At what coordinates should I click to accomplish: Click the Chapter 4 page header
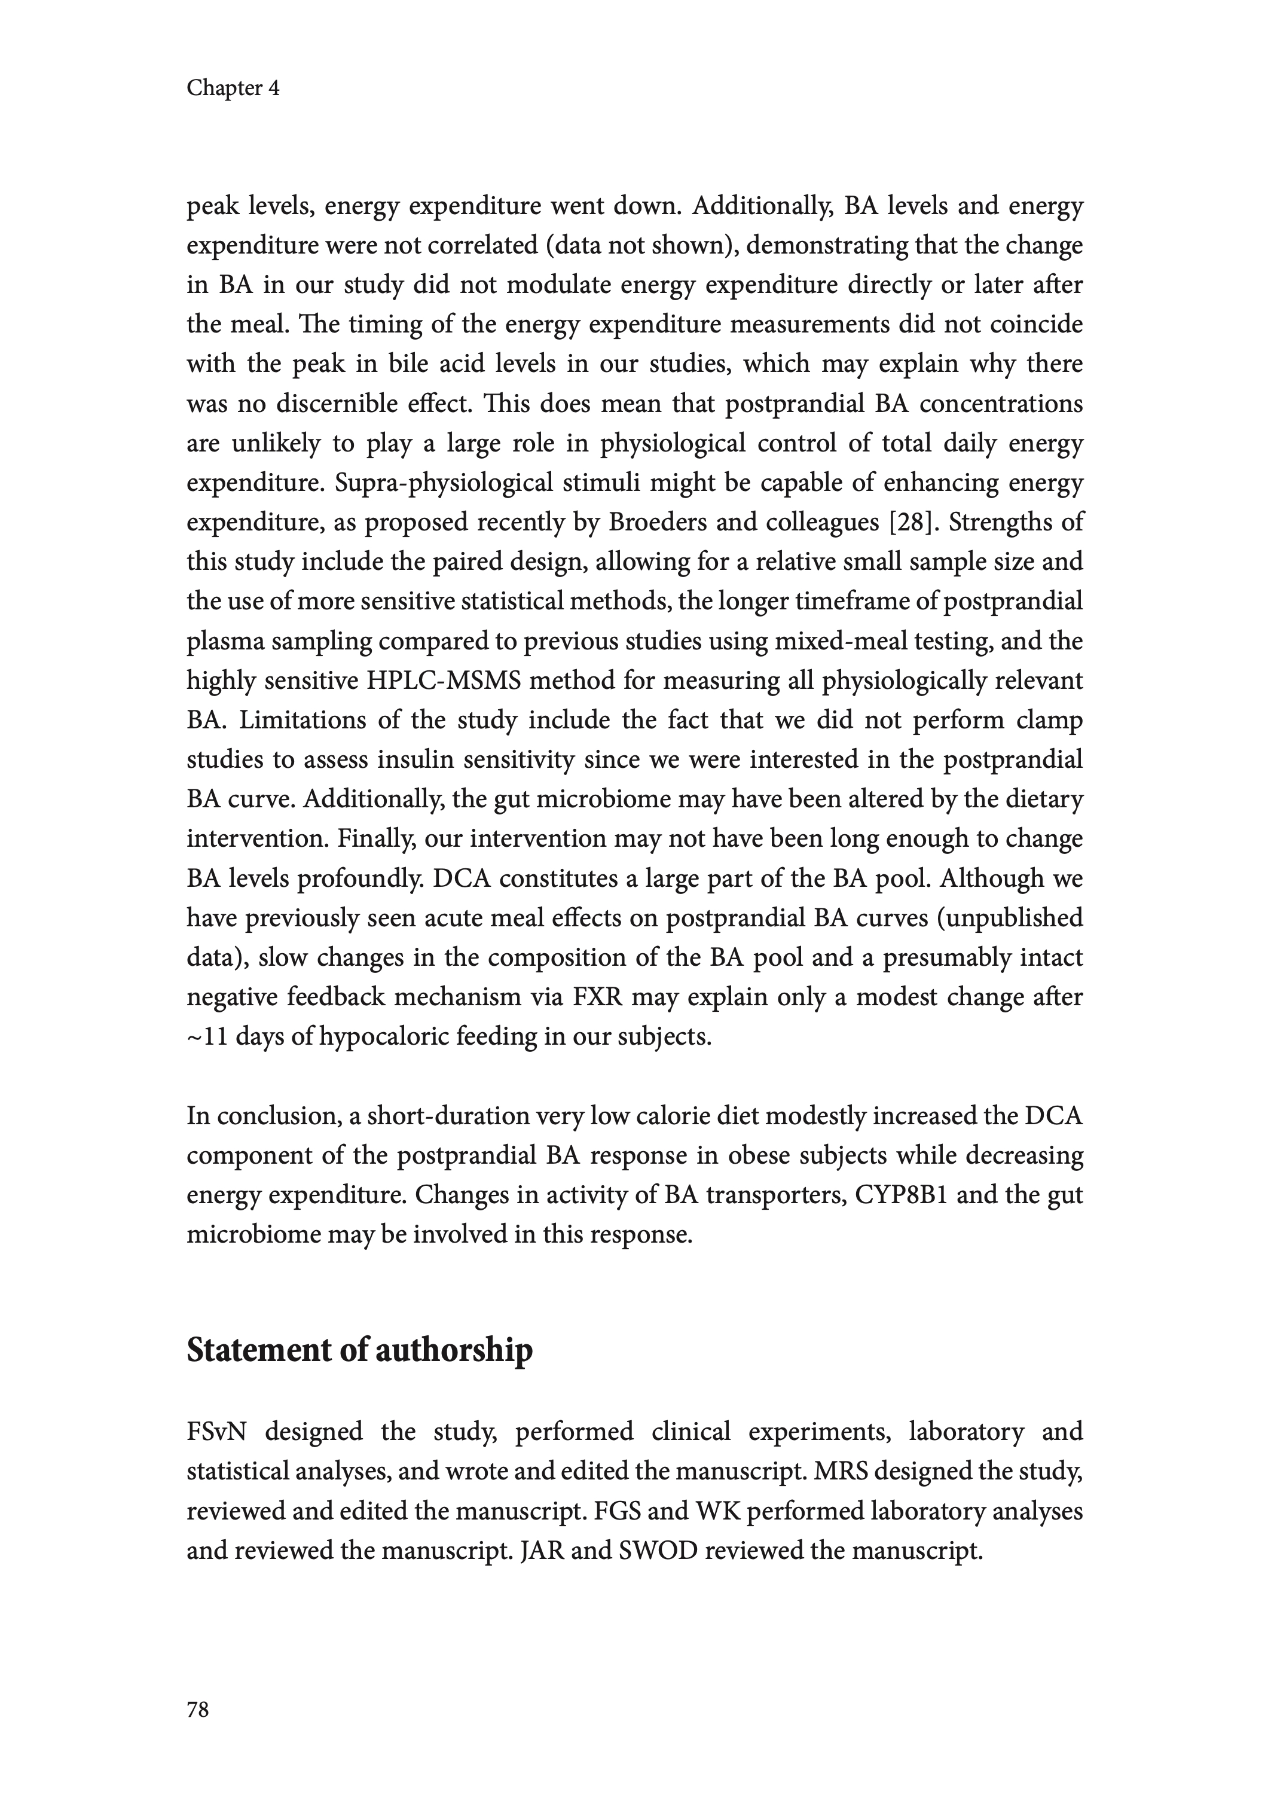(233, 89)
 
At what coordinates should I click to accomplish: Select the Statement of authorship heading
(359, 1350)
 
